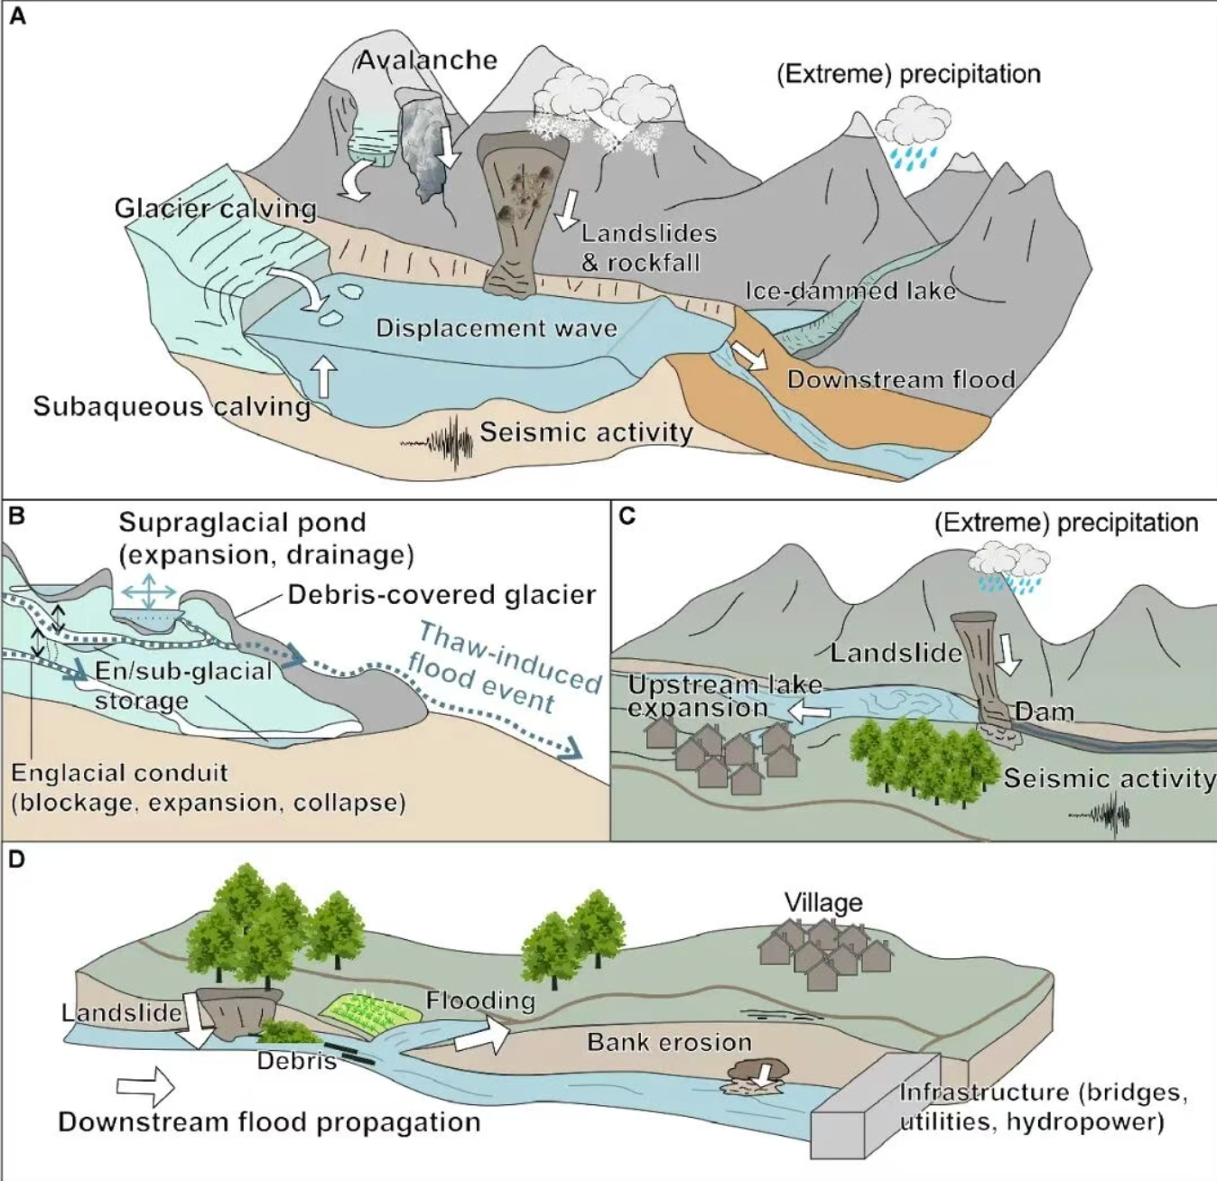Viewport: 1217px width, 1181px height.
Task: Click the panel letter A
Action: click(x=17, y=15)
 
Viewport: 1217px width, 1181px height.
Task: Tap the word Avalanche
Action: click(x=427, y=60)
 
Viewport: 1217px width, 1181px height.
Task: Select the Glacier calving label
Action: click(x=215, y=209)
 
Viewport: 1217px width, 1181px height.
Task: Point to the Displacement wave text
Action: click(x=497, y=329)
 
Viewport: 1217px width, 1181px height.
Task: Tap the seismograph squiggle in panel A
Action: click(x=438, y=443)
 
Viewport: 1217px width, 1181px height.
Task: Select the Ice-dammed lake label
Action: click(x=850, y=291)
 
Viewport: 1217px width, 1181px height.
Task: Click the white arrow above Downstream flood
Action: click(x=749, y=356)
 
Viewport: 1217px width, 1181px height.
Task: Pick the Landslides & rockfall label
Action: click(x=649, y=247)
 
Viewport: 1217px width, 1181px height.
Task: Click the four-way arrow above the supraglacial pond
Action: click(x=149, y=590)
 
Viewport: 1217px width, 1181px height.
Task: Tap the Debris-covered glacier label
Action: click(x=441, y=594)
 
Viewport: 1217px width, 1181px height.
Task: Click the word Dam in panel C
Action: click(x=1045, y=711)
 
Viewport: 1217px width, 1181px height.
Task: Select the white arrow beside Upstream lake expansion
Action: click(x=809, y=711)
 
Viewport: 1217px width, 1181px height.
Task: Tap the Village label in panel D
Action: click(x=823, y=903)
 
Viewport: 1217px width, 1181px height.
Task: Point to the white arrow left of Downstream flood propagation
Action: click(x=145, y=1086)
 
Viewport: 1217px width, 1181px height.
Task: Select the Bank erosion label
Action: click(x=669, y=1042)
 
